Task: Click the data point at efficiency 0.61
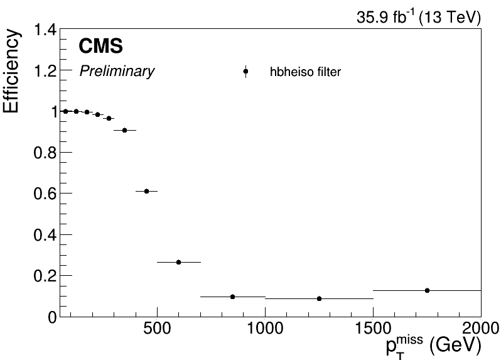coord(146,191)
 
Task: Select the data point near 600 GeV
coord(178,262)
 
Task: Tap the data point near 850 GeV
coord(232,297)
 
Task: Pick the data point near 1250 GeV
coord(319,298)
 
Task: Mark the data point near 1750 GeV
coord(427,290)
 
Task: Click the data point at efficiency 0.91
coord(124,130)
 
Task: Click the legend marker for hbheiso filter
coord(245,72)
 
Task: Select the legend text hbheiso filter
coord(305,72)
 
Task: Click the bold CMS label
coord(100,46)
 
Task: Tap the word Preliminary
coord(117,72)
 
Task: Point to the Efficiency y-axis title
coord(13,70)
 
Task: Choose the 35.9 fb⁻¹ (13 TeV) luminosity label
coord(419,18)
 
